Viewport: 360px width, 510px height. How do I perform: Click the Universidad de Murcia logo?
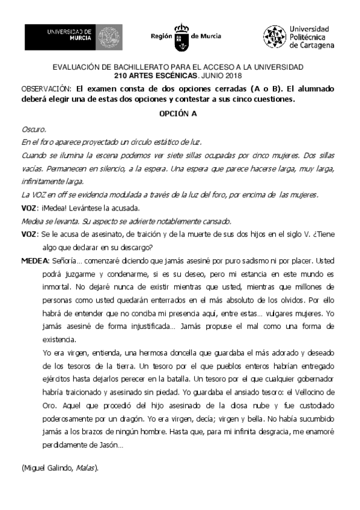pyautogui.click(x=73, y=37)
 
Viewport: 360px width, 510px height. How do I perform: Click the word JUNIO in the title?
pyautogui.click(x=213, y=75)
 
